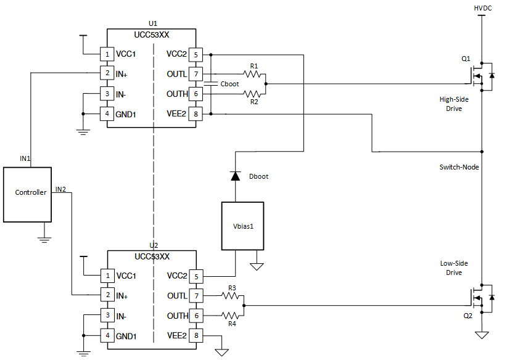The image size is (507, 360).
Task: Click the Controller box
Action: click(28, 194)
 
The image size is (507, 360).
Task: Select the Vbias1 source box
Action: click(242, 226)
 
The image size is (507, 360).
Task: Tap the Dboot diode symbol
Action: click(234, 176)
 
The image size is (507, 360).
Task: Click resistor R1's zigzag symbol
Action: click(253, 74)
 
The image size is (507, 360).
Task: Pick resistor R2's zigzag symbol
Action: click(253, 94)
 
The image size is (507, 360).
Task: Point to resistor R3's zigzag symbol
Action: click(232, 296)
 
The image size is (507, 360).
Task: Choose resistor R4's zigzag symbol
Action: click(232, 316)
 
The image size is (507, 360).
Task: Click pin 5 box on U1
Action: click(196, 54)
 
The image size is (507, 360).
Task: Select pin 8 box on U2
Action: click(196, 336)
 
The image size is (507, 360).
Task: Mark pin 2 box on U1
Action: click(107, 74)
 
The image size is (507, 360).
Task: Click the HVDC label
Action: click(482, 8)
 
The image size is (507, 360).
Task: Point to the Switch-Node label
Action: click(459, 167)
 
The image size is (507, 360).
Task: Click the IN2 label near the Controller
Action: click(60, 189)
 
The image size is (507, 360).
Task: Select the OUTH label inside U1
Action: click(177, 94)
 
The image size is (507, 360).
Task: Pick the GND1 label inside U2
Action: click(126, 336)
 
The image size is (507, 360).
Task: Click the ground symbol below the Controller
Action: click(44, 237)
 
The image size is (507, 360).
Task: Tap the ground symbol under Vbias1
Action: click(257, 266)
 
